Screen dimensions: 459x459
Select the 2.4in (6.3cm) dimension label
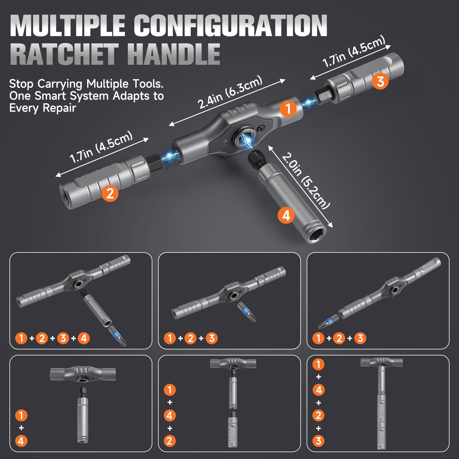[230, 92]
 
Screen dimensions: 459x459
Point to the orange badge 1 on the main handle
[288, 109]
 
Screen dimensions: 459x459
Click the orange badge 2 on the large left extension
[110, 193]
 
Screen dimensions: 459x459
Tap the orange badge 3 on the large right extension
[380, 81]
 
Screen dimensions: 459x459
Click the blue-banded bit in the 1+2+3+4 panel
[117, 336]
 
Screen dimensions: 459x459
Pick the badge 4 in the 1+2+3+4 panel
[84, 338]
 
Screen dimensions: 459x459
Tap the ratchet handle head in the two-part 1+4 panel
[83, 374]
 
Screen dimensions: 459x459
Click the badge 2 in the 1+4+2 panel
[169, 441]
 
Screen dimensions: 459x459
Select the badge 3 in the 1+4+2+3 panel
[318, 441]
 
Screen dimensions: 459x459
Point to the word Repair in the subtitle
[59, 108]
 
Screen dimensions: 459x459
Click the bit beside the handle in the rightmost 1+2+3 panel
[328, 322]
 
